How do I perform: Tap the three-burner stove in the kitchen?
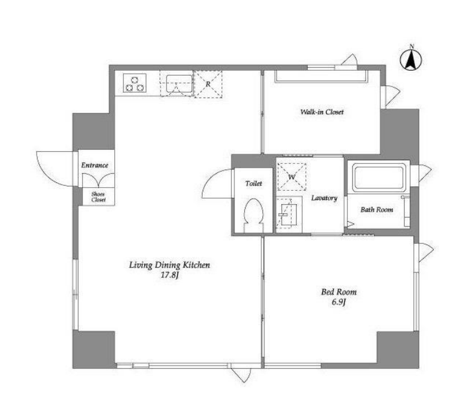(x=135, y=83)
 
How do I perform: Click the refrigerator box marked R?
(x=208, y=84)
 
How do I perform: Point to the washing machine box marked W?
(x=292, y=177)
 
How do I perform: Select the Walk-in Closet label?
(x=322, y=112)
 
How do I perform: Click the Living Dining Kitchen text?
(x=169, y=265)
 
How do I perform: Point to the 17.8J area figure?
(x=170, y=275)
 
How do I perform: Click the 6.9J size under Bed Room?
(x=339, y=302)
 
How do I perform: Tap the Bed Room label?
(x=339, y=292)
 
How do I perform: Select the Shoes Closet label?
(x=98, y=197)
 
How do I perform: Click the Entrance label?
(x=95, y=165)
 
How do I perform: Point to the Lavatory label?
(x=324, y=197)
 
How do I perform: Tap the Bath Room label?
(x=377, y=210)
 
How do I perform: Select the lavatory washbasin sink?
(x=289, y=215)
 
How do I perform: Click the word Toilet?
(x=253, y=183)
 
